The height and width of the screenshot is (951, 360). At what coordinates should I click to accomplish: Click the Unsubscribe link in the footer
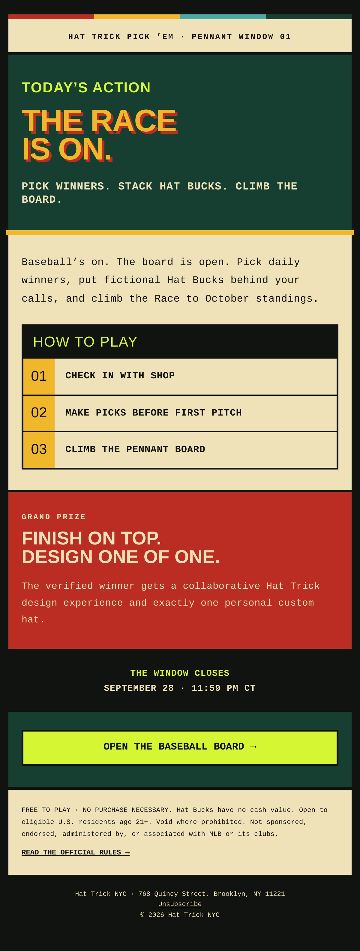[x=180, y=904]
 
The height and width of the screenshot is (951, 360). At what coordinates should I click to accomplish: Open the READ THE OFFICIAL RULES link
[x=76, y=852]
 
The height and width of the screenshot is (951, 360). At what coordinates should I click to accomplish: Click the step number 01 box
[x=39, y=376]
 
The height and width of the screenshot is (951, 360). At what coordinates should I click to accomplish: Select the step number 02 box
[x=39, y=413]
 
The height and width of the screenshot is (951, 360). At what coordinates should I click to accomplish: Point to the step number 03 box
[x=39, y=450]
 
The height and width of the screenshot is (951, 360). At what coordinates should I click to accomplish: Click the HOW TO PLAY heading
[x=85, y=342]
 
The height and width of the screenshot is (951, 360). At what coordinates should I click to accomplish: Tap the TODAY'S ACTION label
[x=86, y=88]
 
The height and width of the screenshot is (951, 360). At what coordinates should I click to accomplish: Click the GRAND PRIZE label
[x=53, y=517]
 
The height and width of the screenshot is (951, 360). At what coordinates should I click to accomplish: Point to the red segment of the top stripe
[x=51, y=16]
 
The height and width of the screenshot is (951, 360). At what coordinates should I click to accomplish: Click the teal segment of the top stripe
[x=223, y=16]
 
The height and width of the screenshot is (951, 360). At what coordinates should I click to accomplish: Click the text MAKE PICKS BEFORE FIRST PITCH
[x=154, y=413]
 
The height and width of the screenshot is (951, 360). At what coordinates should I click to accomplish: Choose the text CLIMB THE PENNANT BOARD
[x=135, y=449]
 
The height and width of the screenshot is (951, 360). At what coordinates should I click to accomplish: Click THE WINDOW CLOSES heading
[x=180, y=673]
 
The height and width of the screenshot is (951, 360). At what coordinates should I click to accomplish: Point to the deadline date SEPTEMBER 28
[x=139, y=688]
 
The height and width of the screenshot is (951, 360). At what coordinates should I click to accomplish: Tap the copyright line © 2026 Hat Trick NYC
[x=180, y=914]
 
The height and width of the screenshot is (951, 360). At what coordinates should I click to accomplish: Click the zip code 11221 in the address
[x=275, y=894]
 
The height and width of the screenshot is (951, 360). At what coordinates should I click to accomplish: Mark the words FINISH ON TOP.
[x=91, y=538]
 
